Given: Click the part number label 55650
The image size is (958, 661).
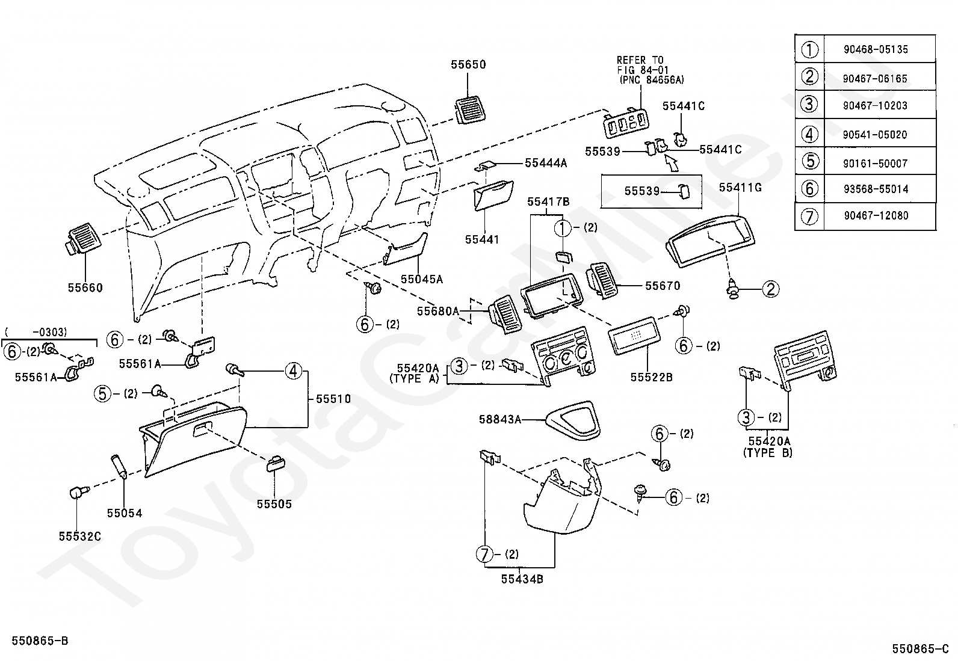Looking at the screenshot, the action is [x=468, y=64].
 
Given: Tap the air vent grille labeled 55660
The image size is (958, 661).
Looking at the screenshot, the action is [x=84, y=239].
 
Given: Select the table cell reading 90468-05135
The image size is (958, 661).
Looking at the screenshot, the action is [x=876, y=49].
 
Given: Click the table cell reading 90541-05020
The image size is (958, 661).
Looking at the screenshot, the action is [x=874, y=135].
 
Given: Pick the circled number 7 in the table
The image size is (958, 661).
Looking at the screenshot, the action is [x=809, y=216].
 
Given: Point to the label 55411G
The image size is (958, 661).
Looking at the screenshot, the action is [x=740, y=188].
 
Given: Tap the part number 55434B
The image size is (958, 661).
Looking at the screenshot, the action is [x=522, y=579].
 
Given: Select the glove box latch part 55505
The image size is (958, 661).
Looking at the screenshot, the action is [x=276, y=464].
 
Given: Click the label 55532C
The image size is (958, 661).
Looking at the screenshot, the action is [x=80, y=536].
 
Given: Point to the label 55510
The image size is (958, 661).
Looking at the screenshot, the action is [x=333, y=399].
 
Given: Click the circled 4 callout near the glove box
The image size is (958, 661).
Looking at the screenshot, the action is [x=294, y=371].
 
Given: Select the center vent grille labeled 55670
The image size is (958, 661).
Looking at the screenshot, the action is [x=602, y=280].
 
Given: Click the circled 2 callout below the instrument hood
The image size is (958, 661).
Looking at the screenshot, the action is [x=771, y=289].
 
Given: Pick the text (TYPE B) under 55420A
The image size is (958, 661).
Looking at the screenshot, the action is [x=768, y=453].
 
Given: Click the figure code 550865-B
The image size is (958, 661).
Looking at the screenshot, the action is [x=40, y=641].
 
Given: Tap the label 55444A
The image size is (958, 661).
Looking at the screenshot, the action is [x=546, y=163].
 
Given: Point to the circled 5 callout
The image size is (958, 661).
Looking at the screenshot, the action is [x=103, y=393].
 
